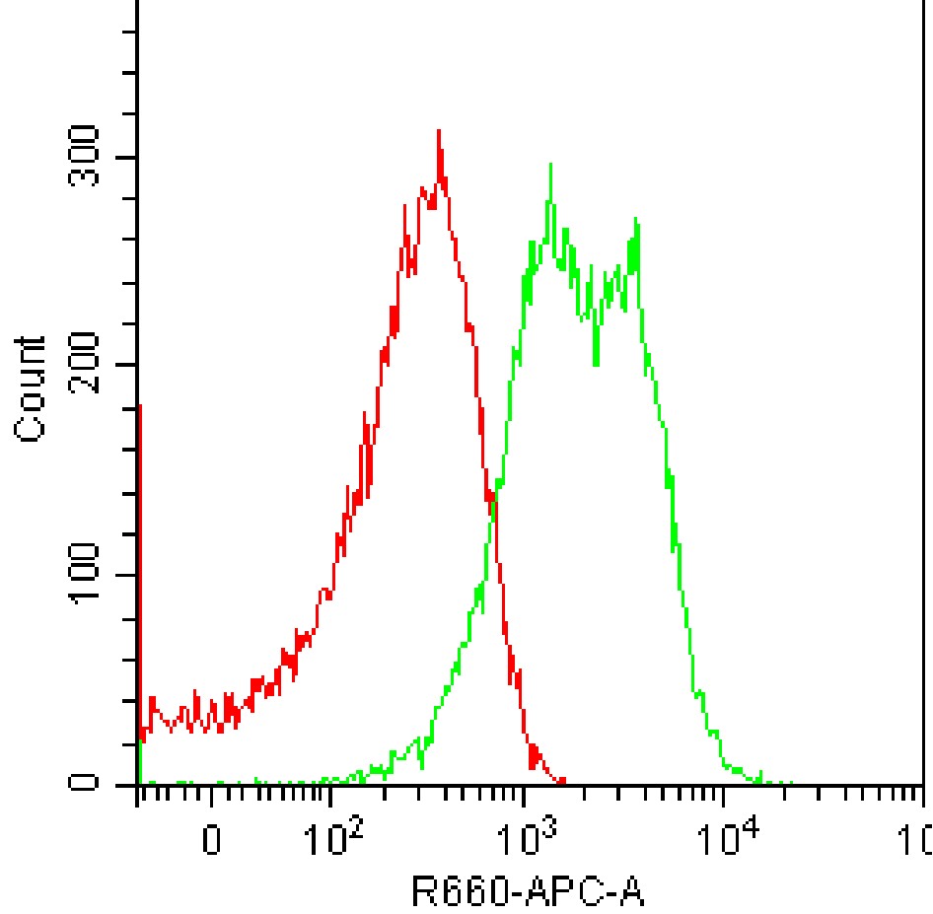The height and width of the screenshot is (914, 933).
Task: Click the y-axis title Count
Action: point(32,388)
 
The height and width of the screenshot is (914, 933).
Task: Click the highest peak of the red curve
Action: point(438,131)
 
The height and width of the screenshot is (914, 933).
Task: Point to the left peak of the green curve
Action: point(550,165)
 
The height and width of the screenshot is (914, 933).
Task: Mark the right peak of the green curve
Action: point(637,219)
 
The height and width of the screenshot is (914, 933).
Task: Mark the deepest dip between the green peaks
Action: point(595,365)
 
